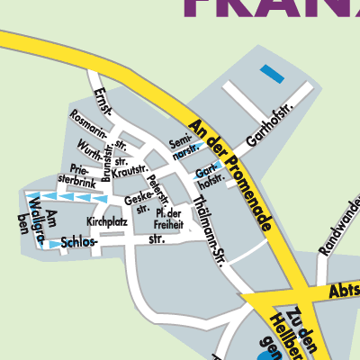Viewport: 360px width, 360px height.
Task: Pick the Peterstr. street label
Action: pyautogui.click(x=158, y=190)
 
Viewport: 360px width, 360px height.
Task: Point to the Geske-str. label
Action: pyautogui.click(x=137, y=203)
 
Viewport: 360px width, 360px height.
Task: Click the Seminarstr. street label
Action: pyautogui.click(x=184, y=147)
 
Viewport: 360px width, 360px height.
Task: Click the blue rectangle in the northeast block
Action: pyautogui.click(x=271, y=74)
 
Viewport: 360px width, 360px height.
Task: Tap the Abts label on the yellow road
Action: pyautogui.click(x=343, y=291)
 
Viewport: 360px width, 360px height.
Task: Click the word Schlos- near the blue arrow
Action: pyautogui.click(x=78, y=243)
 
